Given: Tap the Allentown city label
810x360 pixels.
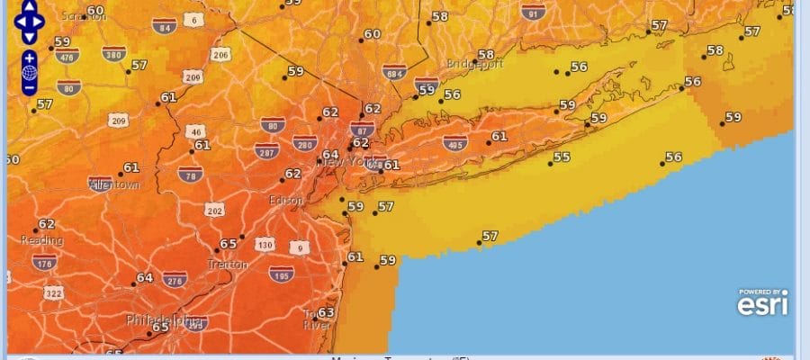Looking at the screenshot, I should [x=114, y=184].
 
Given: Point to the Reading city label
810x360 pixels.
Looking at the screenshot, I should [x=42, y=240].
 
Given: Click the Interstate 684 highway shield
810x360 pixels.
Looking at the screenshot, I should [x=393, y=71].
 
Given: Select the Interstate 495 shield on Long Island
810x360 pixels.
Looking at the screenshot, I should [x=454, y=142].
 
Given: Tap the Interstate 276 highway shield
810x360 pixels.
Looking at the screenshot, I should [x=175, y=281].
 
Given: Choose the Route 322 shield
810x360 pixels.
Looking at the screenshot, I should [x=55, y=293].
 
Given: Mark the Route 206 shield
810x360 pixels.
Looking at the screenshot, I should [x=220, y=55].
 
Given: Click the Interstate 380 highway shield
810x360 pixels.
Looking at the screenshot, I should [x=113, y=53].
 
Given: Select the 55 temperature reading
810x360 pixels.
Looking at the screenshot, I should [x=562, y=157].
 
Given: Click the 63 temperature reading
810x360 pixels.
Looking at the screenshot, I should [x=326, y=312].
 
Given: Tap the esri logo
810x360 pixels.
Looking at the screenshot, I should [x=763, y=303].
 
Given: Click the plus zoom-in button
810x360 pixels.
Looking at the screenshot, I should [x=30, y=57].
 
